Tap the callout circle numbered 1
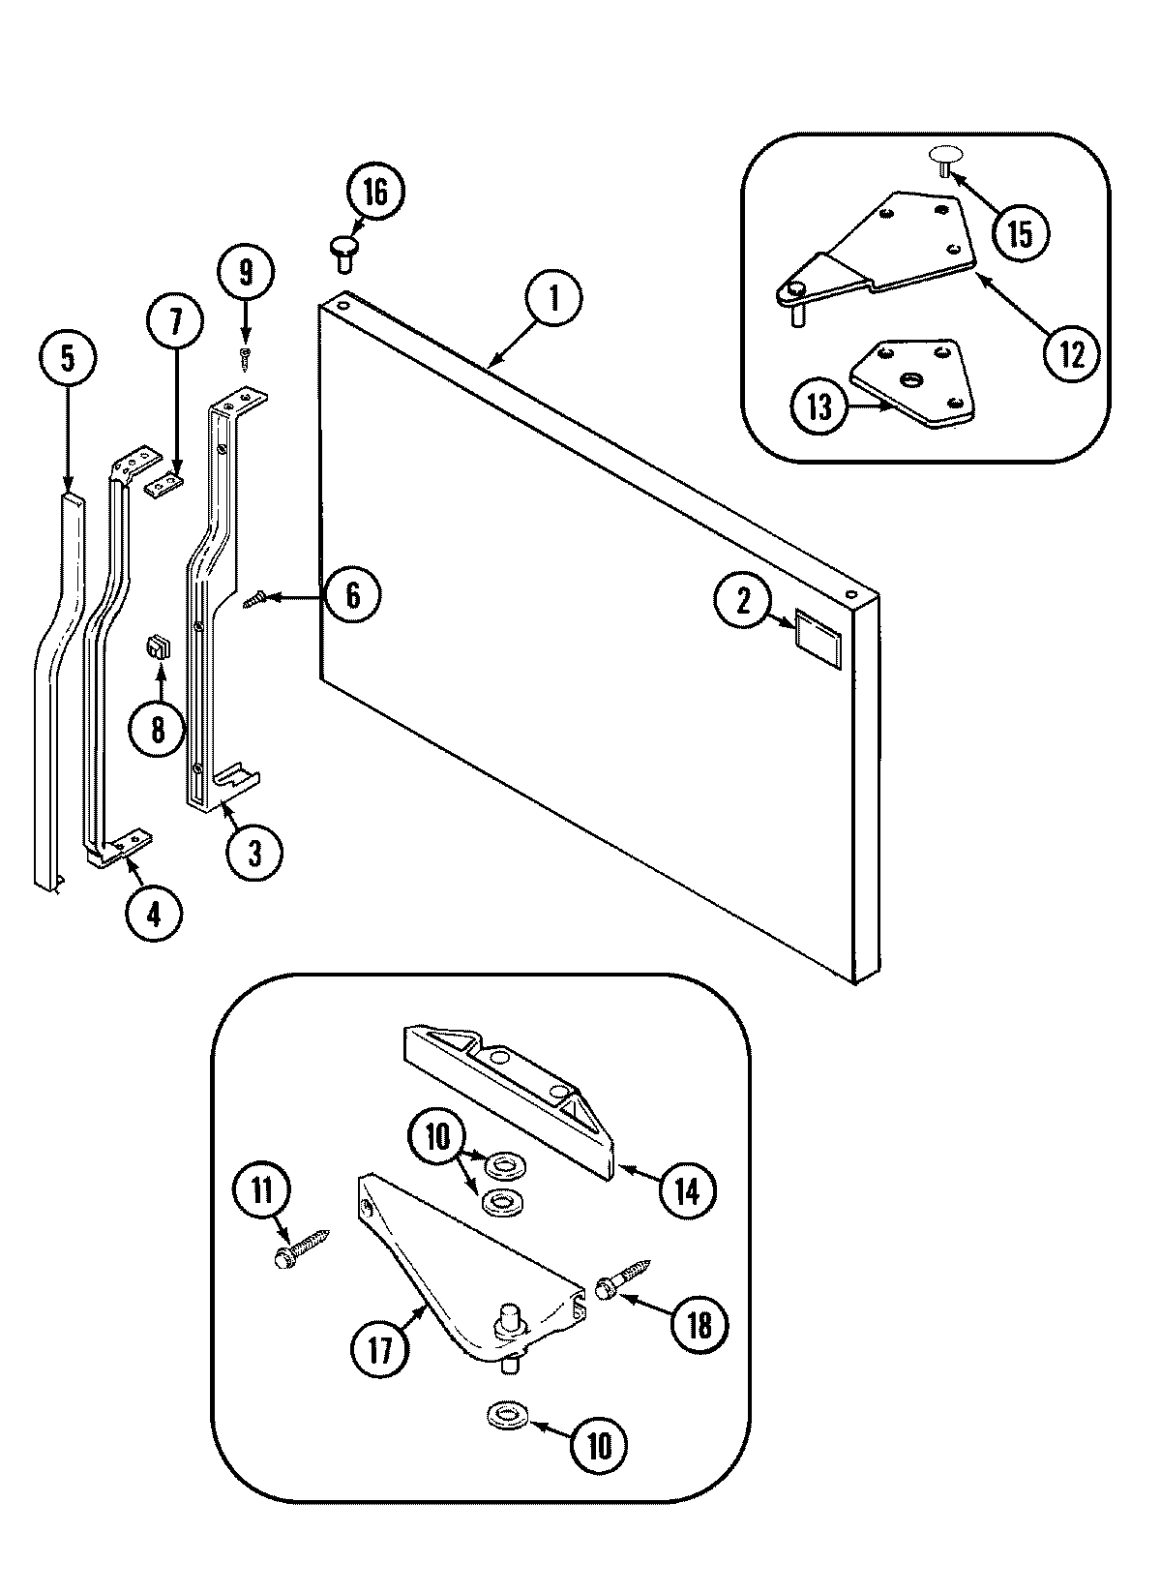click(x=553, y=297)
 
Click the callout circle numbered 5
click(x=67, y=359)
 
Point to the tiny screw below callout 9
click(x=246, y=357)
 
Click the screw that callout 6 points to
click(x=254, y=602)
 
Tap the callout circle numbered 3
click(x=254, y=853)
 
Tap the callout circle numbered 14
click(x=686, y=1190)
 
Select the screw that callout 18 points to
click(x=625, y=1277)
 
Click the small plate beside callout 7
click(x=164, y=484)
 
